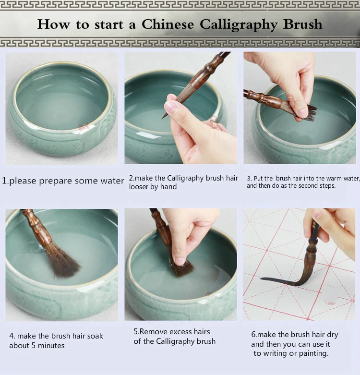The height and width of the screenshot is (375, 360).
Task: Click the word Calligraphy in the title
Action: tap(239, 24)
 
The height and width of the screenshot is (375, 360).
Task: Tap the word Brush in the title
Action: tap(302, 24)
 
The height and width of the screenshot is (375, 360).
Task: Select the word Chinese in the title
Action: tap(168, 24)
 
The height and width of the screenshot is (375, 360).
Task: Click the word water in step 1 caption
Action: tap(112, 181)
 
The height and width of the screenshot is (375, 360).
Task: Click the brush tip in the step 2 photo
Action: tap(163, 117)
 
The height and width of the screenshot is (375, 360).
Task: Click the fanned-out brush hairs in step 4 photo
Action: tap(61, 263)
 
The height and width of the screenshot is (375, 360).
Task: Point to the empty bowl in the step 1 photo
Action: tap(62, 108)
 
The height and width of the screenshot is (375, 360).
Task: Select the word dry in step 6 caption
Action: tap(333, 335)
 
